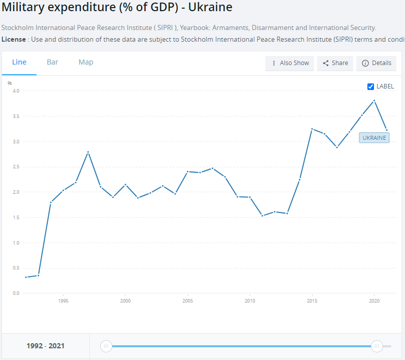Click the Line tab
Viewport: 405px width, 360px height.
click(x=19, y=62)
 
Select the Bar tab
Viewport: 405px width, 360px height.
click(x=52, y=62)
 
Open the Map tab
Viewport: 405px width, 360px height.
click(x=86, y=62)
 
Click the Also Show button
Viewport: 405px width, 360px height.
click(x=290, y=63)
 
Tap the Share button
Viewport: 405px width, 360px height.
click(x=336, y=63)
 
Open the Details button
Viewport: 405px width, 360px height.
click(x=376, y=63)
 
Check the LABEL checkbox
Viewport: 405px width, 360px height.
click(x=371, y=86)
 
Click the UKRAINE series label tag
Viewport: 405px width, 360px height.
click(x=374, y=138)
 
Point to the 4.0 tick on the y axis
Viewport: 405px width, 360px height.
click(x=16, y=91)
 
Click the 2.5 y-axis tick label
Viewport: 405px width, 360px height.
click(x=16, y=167)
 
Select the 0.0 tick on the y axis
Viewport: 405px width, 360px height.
click(x=16, y=293)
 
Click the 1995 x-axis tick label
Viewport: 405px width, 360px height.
click(x=64, y=301)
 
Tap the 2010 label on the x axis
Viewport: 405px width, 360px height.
click(x=250, y=301)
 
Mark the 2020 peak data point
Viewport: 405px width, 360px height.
click(x=374, y=101)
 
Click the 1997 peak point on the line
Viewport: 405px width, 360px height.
click(x=88, y=152)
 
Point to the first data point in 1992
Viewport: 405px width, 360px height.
click(x=26, y=277)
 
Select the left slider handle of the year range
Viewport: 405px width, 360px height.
click(x=106, y=346)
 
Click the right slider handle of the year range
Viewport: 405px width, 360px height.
click(x=377, y=346)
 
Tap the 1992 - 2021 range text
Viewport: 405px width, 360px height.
click(x=46, y=346)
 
